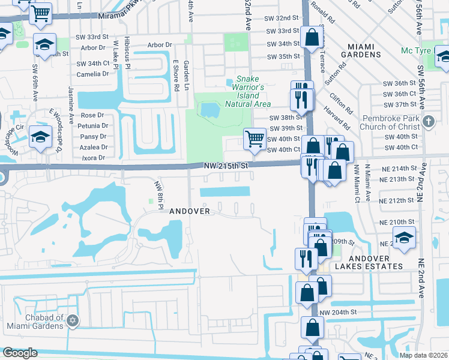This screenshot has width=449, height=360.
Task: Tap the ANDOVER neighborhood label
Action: [190, 211]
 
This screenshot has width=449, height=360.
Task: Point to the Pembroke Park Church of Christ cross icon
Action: [427, 122]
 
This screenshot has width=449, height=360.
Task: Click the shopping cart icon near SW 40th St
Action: [255, 139]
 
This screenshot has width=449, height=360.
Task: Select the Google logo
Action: [20, 353]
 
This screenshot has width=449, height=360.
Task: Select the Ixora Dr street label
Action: [92, 158]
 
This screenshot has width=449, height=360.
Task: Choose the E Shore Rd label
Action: [176, 75]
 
